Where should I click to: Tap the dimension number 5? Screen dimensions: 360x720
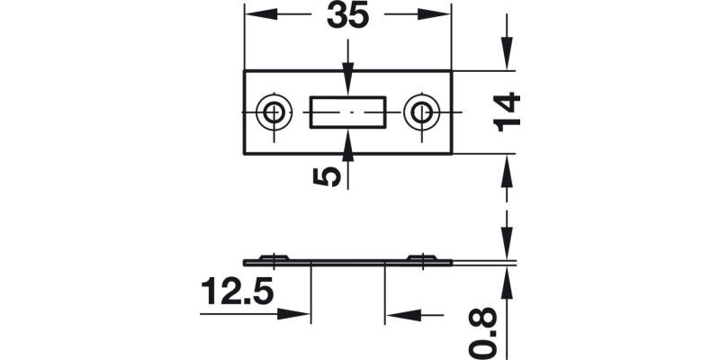[331, 173]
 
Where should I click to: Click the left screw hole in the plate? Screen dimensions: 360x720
[272, 112]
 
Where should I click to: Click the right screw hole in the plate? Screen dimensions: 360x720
[420, 112]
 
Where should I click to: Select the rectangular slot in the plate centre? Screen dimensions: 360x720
[346, 113]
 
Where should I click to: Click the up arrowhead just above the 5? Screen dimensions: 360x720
[347, 141]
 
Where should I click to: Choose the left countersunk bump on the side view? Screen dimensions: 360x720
[273, 258]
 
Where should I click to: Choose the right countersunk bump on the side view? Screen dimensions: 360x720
[420, 258]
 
